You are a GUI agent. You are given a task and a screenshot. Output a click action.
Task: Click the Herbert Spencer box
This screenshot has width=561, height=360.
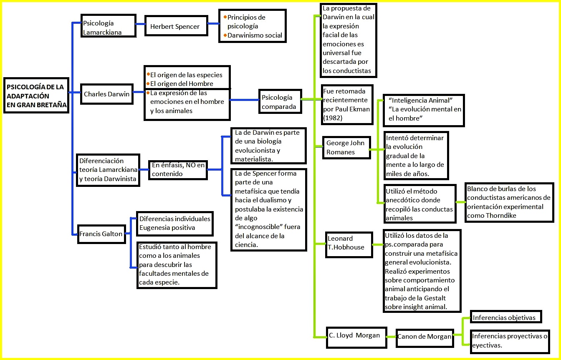(175, 26)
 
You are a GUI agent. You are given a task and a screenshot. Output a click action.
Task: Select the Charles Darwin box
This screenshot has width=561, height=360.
(107, 94)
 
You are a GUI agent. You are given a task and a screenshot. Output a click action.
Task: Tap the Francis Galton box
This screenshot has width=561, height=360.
(101, 234)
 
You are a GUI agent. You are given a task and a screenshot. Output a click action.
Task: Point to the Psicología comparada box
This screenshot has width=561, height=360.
(280, 102)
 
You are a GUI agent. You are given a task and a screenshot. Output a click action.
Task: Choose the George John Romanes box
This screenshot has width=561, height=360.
(346, 148)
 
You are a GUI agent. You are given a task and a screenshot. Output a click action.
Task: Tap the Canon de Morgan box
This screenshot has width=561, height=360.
(424, 337)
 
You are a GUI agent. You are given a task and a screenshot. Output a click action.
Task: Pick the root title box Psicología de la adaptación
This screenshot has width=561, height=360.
(36, 96)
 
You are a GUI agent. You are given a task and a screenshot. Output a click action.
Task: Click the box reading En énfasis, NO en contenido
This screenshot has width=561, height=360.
(178, 169)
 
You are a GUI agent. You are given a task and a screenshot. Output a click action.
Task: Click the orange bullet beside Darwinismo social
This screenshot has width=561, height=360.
(225, 35)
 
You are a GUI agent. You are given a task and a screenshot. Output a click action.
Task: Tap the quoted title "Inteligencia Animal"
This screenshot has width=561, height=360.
(420, 101)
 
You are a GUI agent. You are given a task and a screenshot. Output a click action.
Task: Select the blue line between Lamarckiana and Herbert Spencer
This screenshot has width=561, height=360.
(141, 24)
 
